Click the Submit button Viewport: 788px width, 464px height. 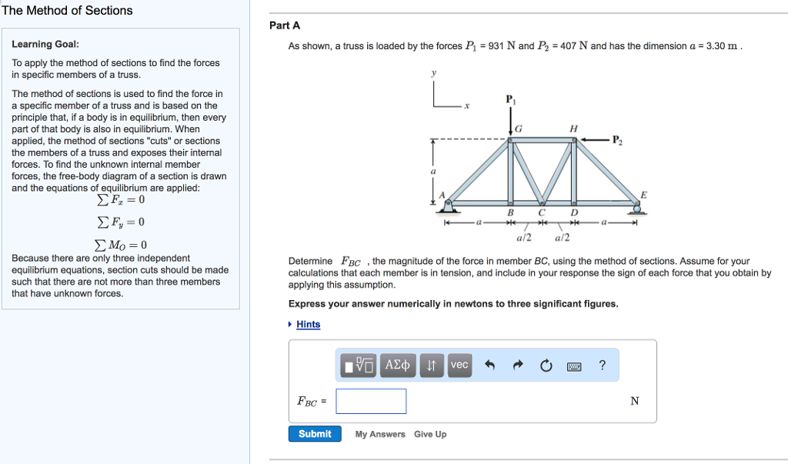click(315, 434)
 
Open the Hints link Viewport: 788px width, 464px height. click(308, 324)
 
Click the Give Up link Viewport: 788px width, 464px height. click(429, 434)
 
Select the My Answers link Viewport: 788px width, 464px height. click(380, 434)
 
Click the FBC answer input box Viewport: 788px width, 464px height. click(371, 401)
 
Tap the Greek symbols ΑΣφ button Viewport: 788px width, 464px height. click(399, 366)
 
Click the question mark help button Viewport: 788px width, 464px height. click(602, 366)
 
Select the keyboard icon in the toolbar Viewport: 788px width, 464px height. click(574, 366)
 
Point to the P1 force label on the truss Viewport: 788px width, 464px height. click(509, 100)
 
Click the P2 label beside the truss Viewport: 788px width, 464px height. click(618, 140)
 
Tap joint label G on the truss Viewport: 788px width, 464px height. click(519, 129)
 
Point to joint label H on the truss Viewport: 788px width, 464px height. click(573, 129)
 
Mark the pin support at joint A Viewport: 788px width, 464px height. click(449, 204)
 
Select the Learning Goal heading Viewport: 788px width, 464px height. click(45, 45)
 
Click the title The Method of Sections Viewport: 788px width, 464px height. click(67, 11)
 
